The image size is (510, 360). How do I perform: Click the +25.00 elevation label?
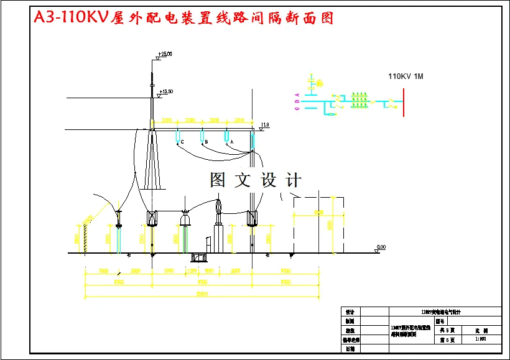click(x=165, y=55)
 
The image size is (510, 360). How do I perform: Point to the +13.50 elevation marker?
click(x=165, y=92)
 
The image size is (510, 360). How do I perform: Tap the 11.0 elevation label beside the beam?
click(x=265, y=125)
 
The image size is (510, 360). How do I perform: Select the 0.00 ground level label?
click(x=381, y=247)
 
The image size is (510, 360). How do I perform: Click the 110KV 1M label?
click(x=406, y=76)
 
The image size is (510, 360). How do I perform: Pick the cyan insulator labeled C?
click(x=178, y=136)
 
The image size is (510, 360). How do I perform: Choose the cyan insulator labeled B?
click(x=202, y=136)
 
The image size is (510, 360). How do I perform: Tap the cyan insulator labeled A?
click(x=227, y=136)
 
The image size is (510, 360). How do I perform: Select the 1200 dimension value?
click(x=192, y=271)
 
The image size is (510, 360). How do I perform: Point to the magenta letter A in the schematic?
click(x=297, y=95)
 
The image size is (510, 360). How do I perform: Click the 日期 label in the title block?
click(x=350, y=349)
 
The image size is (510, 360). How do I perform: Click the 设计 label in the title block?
click(x=350, y=312)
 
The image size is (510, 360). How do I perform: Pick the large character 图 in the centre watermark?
click(x=218, y=180)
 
